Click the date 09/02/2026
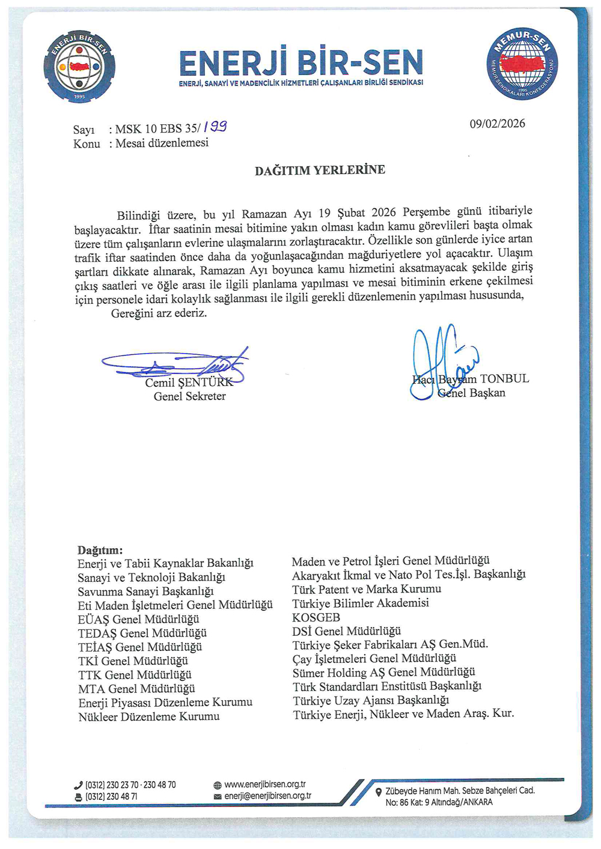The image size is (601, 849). tap(497, 124)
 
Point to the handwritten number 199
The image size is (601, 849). tap(215, 127)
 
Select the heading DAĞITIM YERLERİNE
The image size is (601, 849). tap(320, 170)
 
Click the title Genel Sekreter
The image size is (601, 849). tap(190, 396)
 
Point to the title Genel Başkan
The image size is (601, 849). tap(472, 393)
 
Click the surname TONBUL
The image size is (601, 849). tap(504, 378)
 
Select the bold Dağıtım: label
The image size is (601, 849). tap(100, 550)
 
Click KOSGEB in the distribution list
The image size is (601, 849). tap(316, 617)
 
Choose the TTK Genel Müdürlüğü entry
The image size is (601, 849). tap(135, 674)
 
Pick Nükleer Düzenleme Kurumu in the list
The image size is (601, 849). tap(148, 716)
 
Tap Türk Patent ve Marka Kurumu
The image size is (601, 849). tap(367, 589)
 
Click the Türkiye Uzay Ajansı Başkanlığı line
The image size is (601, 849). tap(371, 700)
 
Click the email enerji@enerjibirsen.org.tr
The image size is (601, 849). tap(268, 796)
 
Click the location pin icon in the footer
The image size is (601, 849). tap(378, 792)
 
